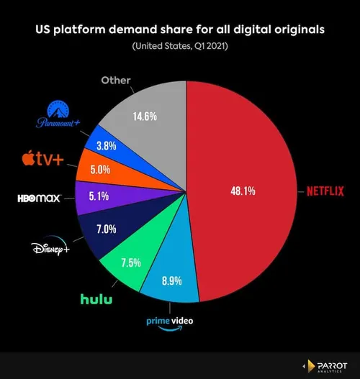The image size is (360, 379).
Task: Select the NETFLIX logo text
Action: tap(327, 191)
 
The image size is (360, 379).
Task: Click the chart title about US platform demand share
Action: tap(180, 31)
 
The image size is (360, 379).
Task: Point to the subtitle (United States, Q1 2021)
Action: tap(180, 47)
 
